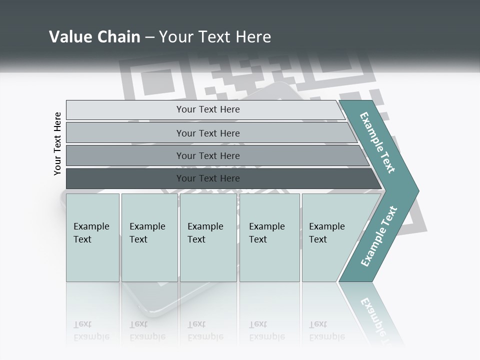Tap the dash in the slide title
coord(149,37)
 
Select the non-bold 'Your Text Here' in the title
coord(215,37)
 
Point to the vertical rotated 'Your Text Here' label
coord(57,143)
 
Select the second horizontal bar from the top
coord(208,133)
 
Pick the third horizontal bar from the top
coord(208,155)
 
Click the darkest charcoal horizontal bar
coord(208,178)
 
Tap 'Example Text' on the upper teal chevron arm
coord(377,142)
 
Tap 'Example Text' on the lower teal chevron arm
coord(378,236)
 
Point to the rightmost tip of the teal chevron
coord(417,191)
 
